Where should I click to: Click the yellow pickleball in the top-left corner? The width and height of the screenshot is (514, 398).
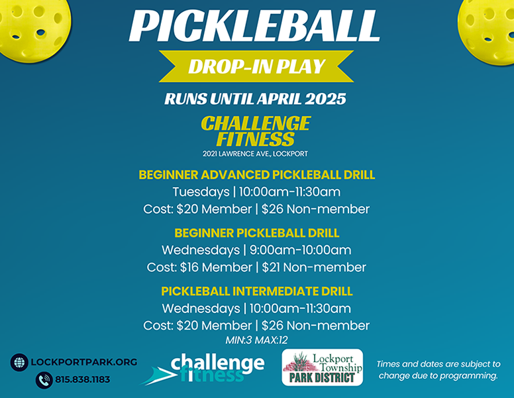point(32,28)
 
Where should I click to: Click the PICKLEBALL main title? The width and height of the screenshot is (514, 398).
point(254,26)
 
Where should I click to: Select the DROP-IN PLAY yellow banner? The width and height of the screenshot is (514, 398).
point(256,66)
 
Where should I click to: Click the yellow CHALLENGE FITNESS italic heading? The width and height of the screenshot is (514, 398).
point(256,131)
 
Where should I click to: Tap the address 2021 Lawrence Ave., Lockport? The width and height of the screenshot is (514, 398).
point(255,154)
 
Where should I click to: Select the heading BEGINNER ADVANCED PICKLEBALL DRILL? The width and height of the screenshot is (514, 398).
point(257,174)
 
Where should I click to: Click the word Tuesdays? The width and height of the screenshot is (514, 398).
point(201,192)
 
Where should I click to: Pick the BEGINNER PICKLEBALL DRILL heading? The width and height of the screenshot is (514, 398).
point(257,233)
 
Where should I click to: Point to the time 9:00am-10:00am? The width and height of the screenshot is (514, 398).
point(300,250)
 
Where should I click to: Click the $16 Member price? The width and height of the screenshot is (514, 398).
point(216,267)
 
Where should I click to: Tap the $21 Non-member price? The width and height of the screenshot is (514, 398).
point(314,267)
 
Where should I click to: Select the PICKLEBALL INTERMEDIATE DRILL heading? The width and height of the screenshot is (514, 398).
point(257,291)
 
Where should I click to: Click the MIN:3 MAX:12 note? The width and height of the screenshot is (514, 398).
point(256,340)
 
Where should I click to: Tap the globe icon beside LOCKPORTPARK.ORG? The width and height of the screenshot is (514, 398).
point(19,362)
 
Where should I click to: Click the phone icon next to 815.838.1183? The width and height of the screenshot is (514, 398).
point(44,380)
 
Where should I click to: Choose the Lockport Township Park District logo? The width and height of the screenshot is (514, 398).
point(323,367)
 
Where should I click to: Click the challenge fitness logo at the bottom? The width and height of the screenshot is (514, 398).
point(203,368)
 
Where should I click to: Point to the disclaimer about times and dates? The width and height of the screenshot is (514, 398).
point(438,369)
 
